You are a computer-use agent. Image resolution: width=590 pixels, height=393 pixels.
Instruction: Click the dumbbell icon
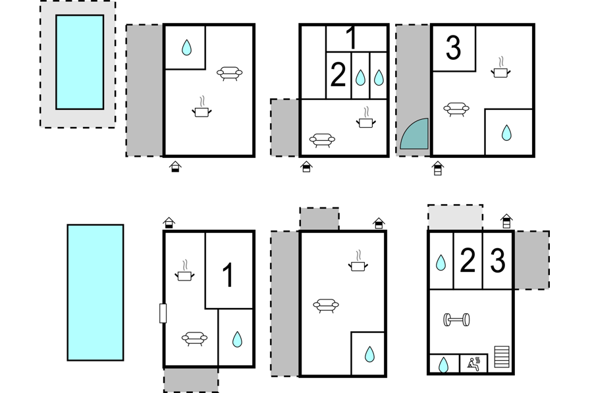(x=457, y=321)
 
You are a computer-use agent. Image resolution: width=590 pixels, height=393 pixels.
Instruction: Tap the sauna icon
(x=473, y=362)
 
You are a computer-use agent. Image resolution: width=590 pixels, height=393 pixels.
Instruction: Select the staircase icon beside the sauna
(x=502, y=357)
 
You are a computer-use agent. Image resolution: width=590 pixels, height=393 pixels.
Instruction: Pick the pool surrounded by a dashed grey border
(x=80, y=62)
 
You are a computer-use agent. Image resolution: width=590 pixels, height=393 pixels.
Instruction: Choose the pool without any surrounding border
(x=95, y=292)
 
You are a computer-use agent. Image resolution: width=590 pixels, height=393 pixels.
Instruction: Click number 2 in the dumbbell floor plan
(x=468, y=261)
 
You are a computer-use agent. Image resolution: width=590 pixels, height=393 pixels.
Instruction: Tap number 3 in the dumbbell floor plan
(x=498, y=261)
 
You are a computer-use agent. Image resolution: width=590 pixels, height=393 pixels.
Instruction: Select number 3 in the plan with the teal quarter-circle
(x=453, y=48)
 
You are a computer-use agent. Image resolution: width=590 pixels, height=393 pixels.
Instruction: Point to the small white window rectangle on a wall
(x=163, y=313)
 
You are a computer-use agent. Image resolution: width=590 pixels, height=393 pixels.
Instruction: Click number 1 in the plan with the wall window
(x=228, y=275)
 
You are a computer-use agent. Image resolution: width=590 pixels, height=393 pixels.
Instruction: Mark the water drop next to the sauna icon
(x=444, y=364)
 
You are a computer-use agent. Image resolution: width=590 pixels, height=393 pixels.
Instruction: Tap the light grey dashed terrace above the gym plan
(x=455, y=217)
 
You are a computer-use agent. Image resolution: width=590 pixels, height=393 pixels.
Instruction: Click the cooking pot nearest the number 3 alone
(x=500, y=68)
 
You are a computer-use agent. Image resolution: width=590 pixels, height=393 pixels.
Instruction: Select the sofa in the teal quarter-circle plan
(x=456, y=109)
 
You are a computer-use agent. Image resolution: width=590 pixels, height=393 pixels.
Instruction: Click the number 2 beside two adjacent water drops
(x=338, y=76)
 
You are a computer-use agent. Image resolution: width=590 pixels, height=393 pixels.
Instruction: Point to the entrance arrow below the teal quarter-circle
(x=437, y=168)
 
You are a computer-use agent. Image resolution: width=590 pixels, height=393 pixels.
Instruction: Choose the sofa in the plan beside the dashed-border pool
(x=228, y=74)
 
